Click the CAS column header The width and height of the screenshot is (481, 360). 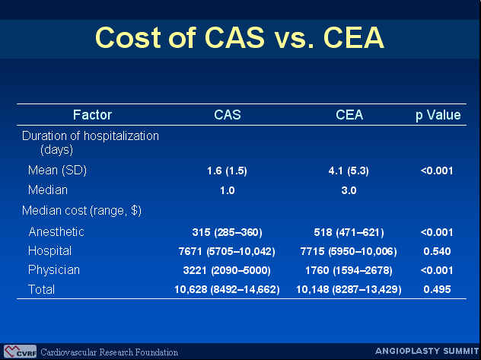[x=228, y=115]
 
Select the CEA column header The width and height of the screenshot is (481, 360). [x=349, y=115]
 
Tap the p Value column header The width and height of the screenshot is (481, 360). [x=438, y=116]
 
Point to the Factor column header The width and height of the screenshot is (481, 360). [x=92, y=115]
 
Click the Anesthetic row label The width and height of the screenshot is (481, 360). [x=56, y=231]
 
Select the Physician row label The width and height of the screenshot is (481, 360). [x=54, y=270]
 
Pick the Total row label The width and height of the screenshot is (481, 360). [x=41, y=289]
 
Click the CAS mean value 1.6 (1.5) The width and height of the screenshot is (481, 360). [x=227, y=170]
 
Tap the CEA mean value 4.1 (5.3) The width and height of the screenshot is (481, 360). [x=349, y=170]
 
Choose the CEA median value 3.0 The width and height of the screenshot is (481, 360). [x=349, y=190]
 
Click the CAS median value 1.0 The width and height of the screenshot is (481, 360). [x=228, y=190]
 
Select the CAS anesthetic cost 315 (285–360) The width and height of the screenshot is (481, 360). [x=228, y=232]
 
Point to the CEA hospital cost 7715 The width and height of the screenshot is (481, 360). [x=312, y=251]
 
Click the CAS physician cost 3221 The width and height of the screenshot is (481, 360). [x=195, y=270]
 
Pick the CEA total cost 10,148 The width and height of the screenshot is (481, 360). [x=313, y=290]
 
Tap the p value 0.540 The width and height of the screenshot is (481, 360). [x=437, y=251]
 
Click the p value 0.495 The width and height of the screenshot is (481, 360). [x=437, y=289]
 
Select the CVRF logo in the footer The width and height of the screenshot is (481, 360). [x=21, y=352]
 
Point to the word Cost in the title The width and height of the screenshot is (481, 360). [x=129, y=38]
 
